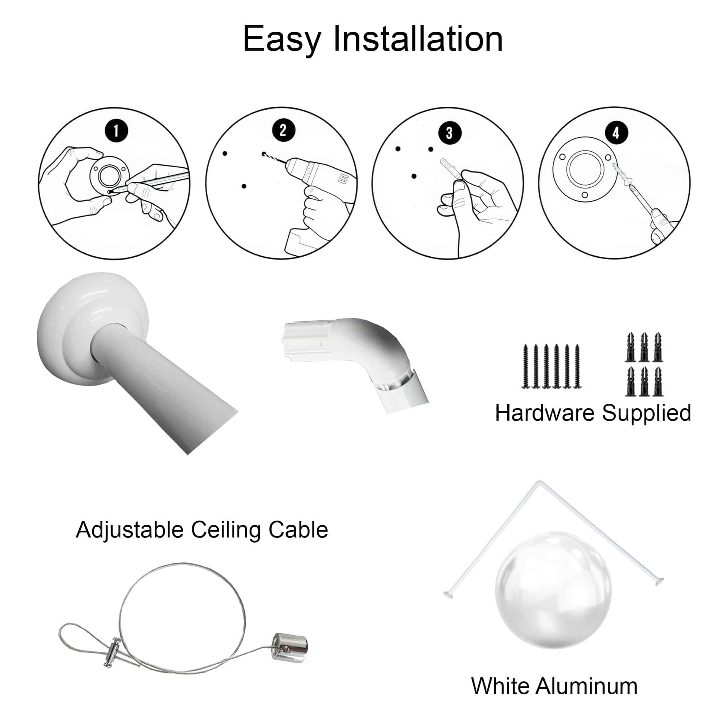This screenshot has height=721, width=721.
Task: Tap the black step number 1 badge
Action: click(x=116, y=131)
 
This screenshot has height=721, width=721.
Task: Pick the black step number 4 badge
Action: click(x=615, y=132)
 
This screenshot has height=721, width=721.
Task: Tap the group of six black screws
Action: click(x=551, y=366)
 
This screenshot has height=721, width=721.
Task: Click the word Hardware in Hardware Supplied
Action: click(x=545, y=413)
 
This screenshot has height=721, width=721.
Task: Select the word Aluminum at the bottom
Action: click(x=587, y=686)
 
